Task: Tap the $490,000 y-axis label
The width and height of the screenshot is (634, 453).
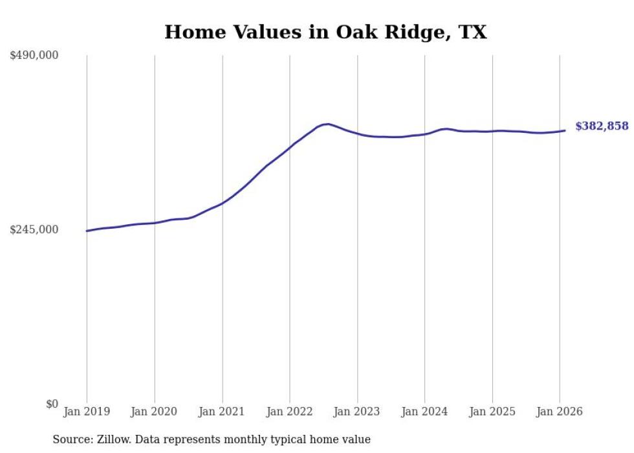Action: click(x=34, y=55)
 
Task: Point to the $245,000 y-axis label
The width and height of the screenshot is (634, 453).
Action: click(x=34, y=229)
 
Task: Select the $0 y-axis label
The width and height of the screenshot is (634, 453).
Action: click(x=52, y=404)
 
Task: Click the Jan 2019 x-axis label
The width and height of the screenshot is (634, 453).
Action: click(x=87, y=412)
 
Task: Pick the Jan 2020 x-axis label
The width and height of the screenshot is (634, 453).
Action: click(x=155, y=412)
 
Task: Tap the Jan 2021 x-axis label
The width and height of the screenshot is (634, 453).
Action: click(x=222, y=412)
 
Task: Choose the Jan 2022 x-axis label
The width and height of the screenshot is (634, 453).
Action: click(x=290, y=412)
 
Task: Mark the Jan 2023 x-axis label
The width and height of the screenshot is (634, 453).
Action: click(x=357, y=412)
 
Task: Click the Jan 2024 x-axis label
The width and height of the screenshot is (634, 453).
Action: click(x=425, y=412)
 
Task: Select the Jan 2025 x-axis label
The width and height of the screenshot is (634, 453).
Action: click(x=492, y=412)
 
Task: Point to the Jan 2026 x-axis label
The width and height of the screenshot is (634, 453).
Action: click(x=560, y=412)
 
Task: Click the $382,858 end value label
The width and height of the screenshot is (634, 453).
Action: click(x=602, y=126)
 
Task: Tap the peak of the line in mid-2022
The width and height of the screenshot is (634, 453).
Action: click(x=328, y=124)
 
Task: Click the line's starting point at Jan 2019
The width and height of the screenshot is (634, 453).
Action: click(x=87, y=231)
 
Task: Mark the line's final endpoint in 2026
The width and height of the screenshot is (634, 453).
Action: click(x=565, y=131)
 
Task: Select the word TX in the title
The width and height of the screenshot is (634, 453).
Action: click(x=472, y=32)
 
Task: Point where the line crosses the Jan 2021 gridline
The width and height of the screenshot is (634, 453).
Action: click(x=222, y=203)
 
